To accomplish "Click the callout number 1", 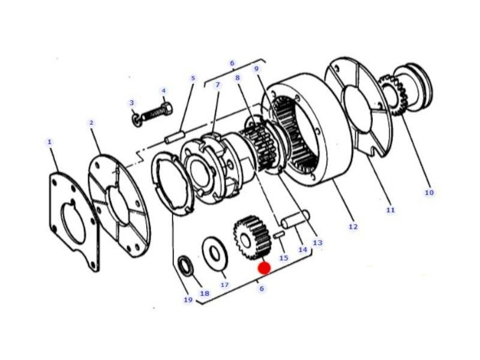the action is click(x=50, y=142).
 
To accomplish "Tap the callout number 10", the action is click(x=429, y=193).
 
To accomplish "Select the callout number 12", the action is click(x=353, y=227).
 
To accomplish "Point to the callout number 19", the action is click(x=188, y=299).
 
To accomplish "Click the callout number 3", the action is click(x=131, y=103).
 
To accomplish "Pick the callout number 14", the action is click(x=302, y=250).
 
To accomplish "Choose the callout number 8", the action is click(x=238, y=78).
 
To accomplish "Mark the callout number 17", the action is click(x=224, y=284).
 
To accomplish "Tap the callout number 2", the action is click(x=91, y=123).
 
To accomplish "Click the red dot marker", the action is click(x=264, y=268).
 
